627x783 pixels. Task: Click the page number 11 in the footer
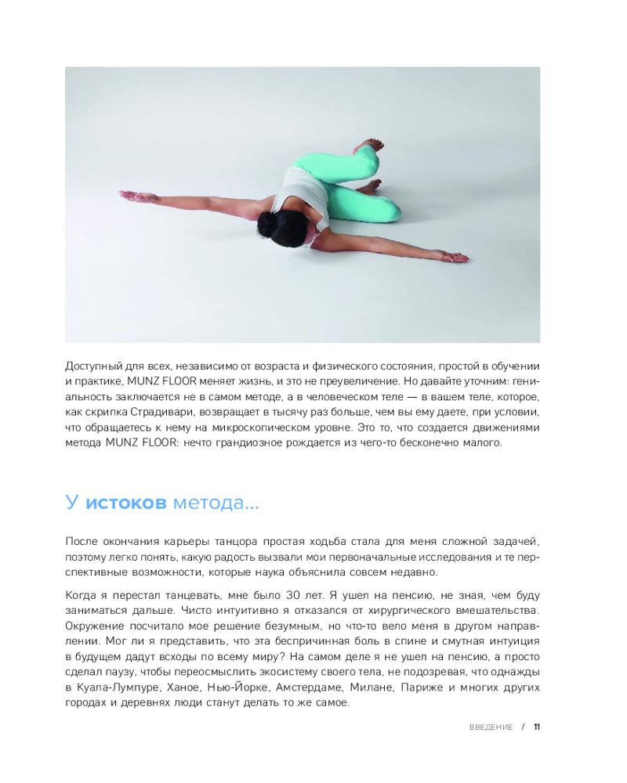[x=537, y=727]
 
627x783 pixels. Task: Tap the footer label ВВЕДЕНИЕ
[x=491, y=727]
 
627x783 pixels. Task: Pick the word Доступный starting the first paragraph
[x=93, y=366]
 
